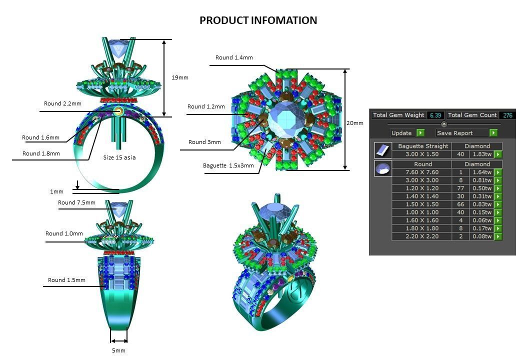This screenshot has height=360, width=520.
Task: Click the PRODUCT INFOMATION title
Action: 258,20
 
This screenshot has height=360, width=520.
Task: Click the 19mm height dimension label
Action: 179,77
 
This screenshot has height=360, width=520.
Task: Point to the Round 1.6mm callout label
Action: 40,137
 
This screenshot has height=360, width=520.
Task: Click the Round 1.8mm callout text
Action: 41,153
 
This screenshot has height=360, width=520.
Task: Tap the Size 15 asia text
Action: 119,157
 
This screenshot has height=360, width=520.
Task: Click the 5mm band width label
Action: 118,350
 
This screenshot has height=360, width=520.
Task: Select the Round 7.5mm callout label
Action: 76,202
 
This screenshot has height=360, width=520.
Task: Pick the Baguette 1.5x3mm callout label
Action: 228,165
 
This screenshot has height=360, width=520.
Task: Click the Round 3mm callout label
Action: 204,142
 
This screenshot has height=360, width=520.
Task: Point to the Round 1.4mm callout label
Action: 234,57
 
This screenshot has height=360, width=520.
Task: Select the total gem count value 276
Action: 507,115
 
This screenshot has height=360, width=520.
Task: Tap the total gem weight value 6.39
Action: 435,115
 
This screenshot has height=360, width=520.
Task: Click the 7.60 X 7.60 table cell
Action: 422,172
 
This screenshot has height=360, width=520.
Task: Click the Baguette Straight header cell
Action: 422,146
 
